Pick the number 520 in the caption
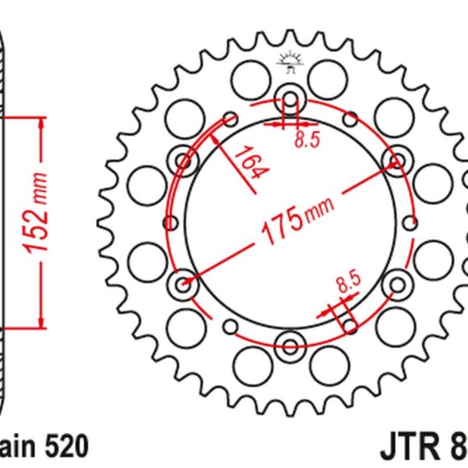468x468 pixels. [67, 446]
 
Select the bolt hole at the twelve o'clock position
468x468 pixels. [289, 101]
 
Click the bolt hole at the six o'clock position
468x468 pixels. [289, 346]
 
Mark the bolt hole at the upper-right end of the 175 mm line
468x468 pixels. [395, 161]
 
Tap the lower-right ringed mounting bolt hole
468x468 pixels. [395, 285]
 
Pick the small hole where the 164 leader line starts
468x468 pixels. [230, 119]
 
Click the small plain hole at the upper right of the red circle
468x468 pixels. [350, 119]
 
